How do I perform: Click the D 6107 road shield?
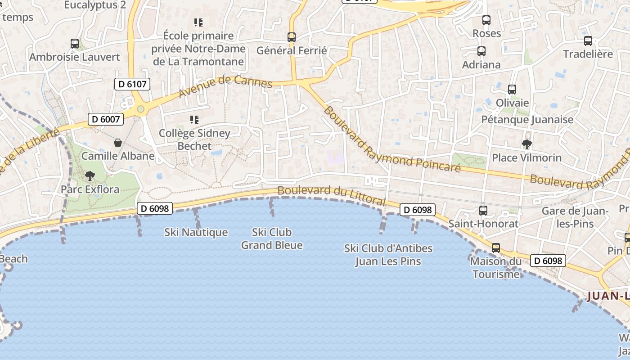(x=132, y=84)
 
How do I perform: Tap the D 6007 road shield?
(x=106, y=119)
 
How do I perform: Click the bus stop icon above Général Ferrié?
(x=292, y=37)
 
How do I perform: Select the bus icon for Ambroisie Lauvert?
(x=75, y=44)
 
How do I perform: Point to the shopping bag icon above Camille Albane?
(x=117, y=143)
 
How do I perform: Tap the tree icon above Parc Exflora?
(x=90, y=175)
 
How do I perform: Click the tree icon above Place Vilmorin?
(x=526, y=144)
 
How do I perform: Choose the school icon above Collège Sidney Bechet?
(x=194, y=120)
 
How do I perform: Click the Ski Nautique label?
(x=196, y=233)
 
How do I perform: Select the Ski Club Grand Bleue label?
(x=272, y=239)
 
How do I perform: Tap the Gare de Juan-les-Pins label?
(x=575, y=217)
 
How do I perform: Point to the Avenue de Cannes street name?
(x=225, y=87)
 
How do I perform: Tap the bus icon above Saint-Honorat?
(x=483, y=210)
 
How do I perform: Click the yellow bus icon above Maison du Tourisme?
(x=495, y=247)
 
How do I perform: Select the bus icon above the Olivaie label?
(x=512, y=89)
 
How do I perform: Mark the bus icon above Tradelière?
(x=588, y=41)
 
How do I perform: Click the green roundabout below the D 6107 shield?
(x=140, y=109)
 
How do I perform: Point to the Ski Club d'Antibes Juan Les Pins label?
(x=388, y=255)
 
